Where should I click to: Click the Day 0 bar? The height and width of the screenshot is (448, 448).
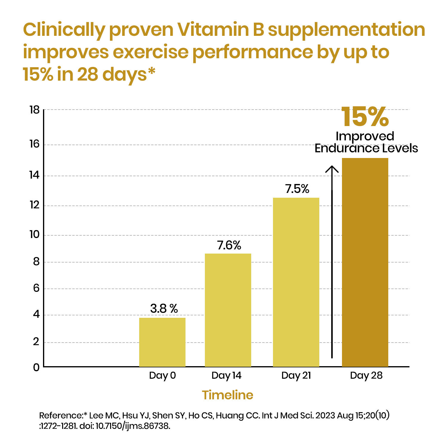click(x=162, y=342)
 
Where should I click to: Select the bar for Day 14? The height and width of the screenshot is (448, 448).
click(x=228, y=310)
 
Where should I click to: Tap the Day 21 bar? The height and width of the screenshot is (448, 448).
click(x=296, y=282)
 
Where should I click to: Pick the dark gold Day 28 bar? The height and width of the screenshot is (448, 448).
click(x=365, y=262)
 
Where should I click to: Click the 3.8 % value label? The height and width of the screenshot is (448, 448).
click(x=164, y=309)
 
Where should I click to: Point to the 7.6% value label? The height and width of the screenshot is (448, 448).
click(x=229, y=245)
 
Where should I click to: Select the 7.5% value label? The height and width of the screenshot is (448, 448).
click(x=297, y=189)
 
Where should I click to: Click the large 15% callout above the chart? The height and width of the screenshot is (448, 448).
click(x=365, y=117)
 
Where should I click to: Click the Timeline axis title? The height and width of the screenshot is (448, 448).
click(x=228, y=395)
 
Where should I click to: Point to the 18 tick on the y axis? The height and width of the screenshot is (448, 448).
click(x=35, y=110)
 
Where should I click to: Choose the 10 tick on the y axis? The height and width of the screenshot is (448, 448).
click(x=35, y=235)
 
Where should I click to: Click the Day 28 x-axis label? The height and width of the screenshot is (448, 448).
click(x=366, y=375)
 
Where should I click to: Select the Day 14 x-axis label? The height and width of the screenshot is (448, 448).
click(x=226, y=375)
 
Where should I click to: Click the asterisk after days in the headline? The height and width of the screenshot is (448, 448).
click(x=152, y=72)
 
